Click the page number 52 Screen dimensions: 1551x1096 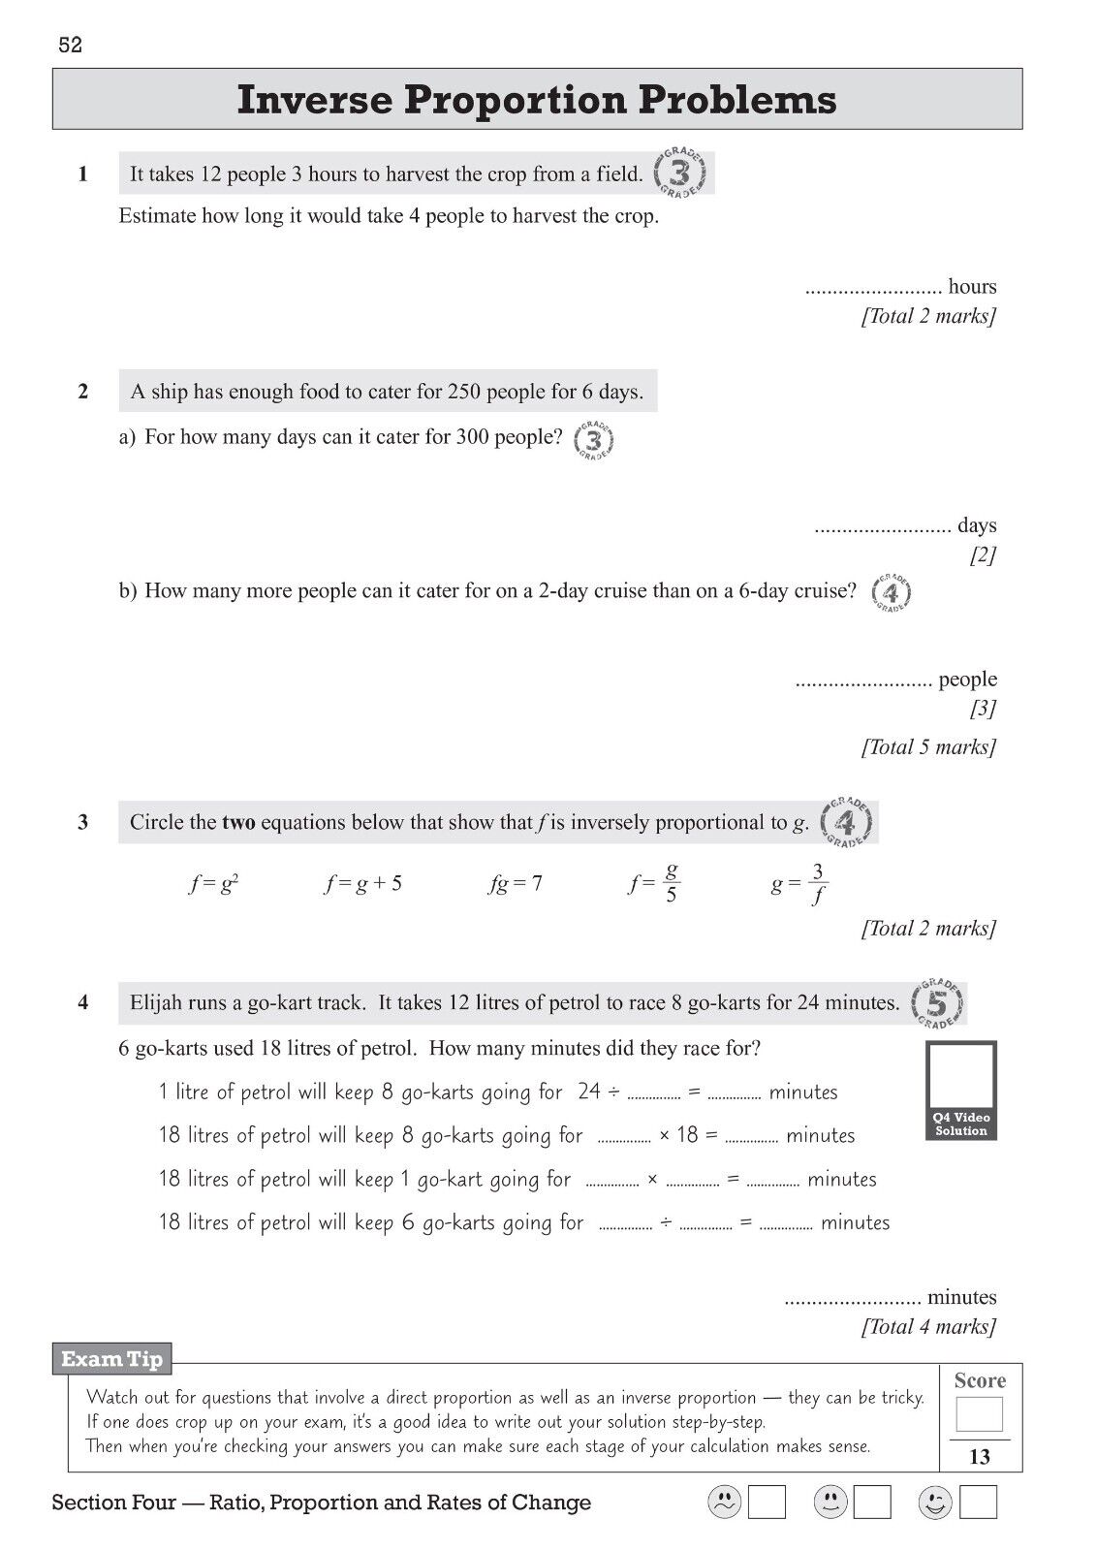(71, 46)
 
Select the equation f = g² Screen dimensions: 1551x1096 (214, 884)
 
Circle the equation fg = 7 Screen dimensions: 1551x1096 (516, 884)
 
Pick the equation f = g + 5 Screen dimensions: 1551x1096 (363, 884)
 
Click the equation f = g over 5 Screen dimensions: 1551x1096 (655, 883)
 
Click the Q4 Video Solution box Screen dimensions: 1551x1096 (960, 1090)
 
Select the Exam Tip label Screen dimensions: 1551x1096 (111, 1359)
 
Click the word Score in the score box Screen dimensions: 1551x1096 (980, 1380)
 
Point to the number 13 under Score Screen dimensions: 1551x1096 (980, 1457)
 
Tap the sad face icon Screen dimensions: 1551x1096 (724, 1503)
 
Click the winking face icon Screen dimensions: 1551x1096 (934, 1503)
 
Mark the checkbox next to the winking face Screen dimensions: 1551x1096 (979, 1503)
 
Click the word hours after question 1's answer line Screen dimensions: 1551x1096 (972, 287)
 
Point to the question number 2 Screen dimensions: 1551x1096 (83, 392)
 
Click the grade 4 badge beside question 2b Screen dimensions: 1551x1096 (891, 591)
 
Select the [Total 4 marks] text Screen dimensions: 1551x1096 (928, 1326)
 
